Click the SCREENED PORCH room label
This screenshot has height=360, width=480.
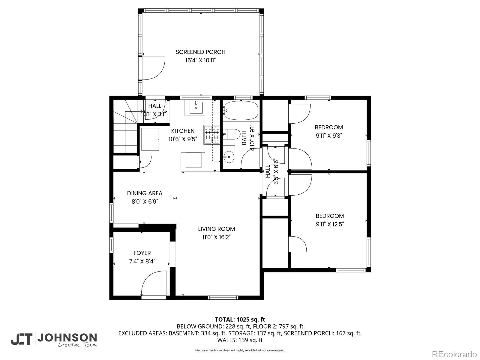click(200, 52)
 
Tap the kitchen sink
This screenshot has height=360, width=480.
click(196, 107)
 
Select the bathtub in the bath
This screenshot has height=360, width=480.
click(241, 110)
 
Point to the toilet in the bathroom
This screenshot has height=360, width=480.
click(232, 134)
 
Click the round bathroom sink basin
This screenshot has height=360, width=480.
click(229, 157)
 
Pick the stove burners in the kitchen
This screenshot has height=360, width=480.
click(212, 135)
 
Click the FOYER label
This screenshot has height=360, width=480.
click(142, 253)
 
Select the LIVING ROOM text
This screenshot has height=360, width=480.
click(217, 229)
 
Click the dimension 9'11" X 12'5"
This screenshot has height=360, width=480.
click(330, 224)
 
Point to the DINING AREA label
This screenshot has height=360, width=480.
click(145, 193)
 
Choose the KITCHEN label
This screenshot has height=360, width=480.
click(183, 131)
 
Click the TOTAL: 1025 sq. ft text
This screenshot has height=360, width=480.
click(240, 319)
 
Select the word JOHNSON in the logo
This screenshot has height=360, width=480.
click(67, 338)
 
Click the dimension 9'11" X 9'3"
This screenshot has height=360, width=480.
click(329, 136)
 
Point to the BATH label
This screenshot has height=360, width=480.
click(244, 138)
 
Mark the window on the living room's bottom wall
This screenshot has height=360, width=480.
click(223, 297)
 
